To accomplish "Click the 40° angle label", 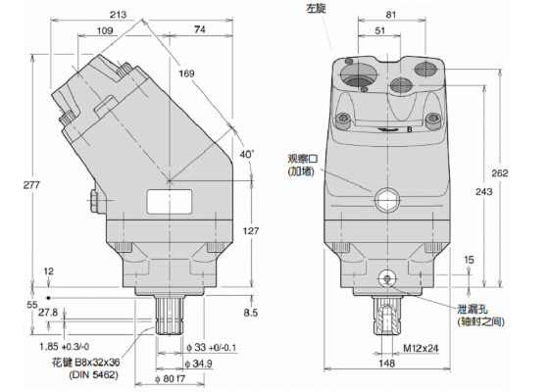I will pyautogui.click(x=245, y=153).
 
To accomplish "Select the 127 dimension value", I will pyautogui.click(x=250, y=230).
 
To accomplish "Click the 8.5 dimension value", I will pyautogui.click(x=250, y=313).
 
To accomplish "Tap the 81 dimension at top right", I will pyautogui.click(x=391, y=15).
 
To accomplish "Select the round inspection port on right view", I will pyautogui.click(x=385, y=201).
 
